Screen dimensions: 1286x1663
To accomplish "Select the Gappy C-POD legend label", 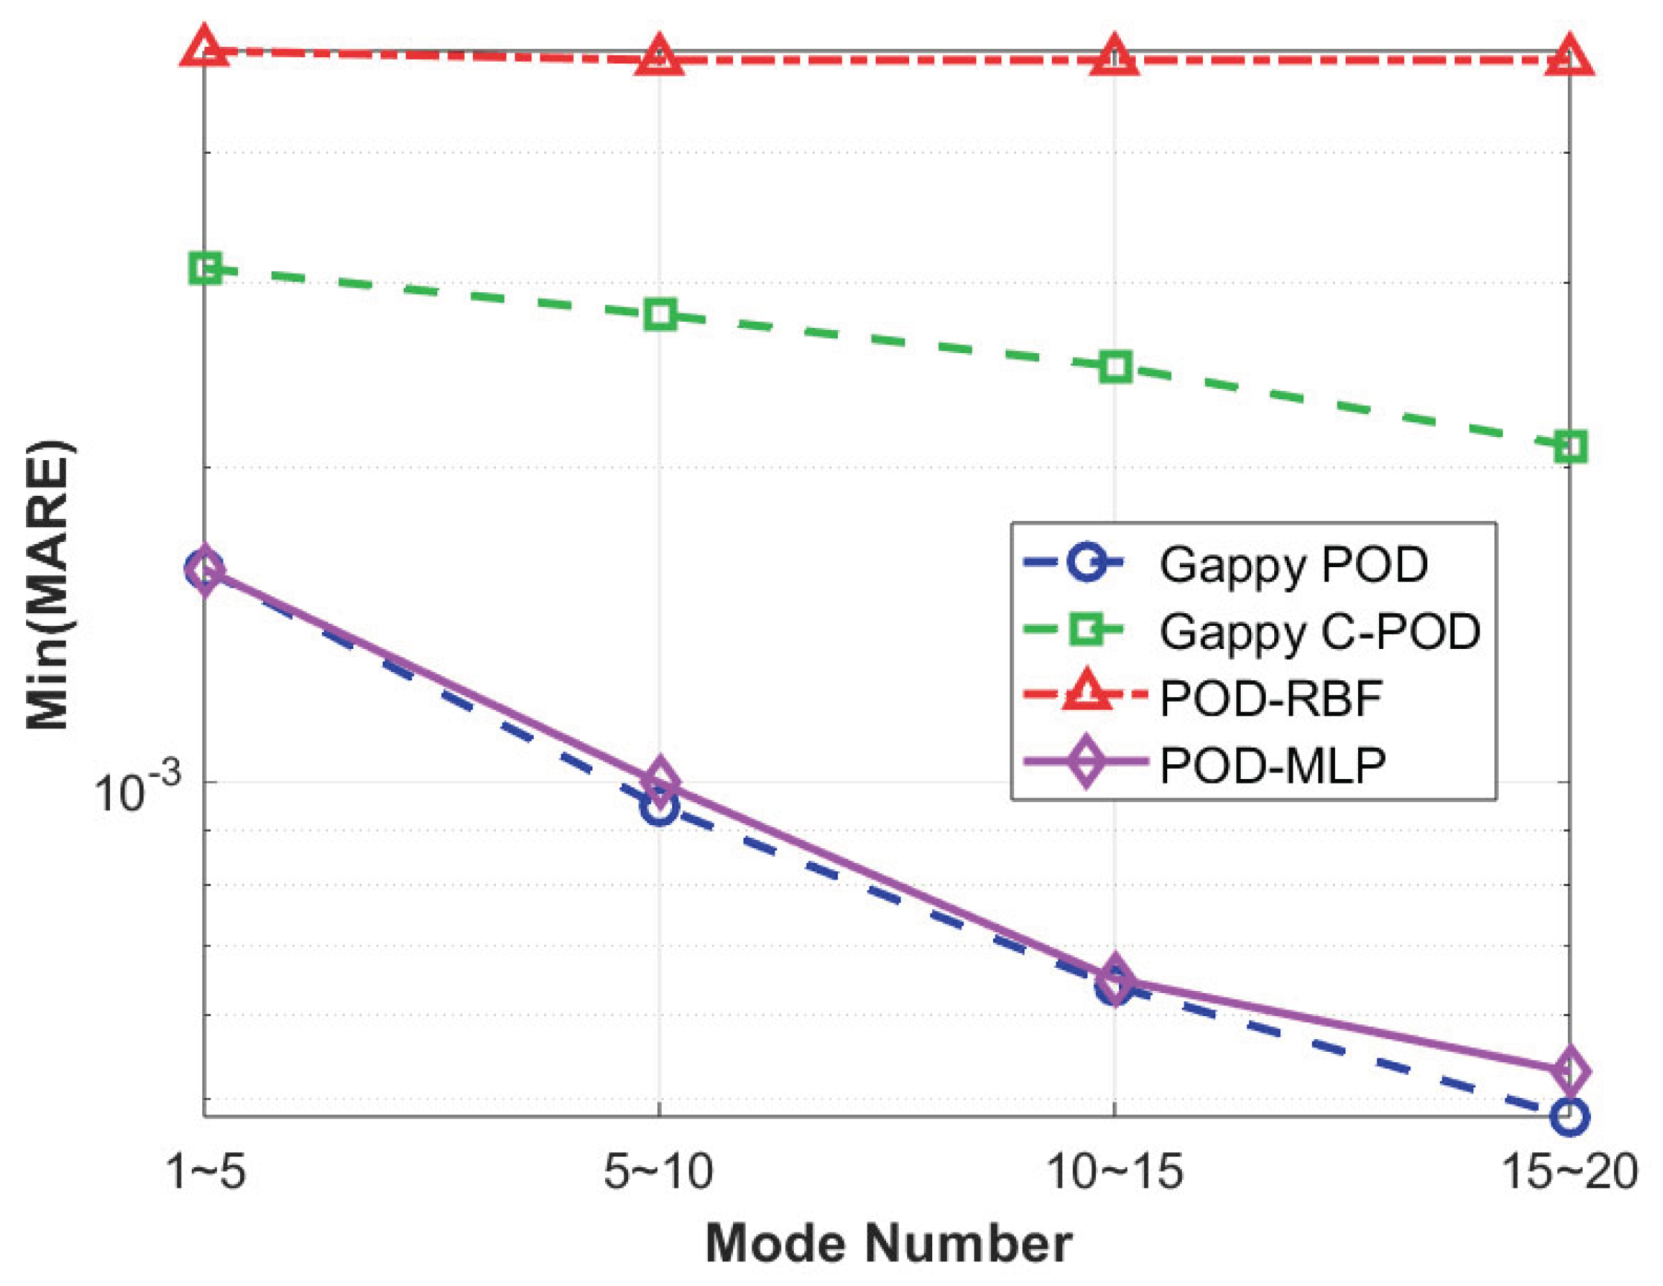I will tap(1320, 631).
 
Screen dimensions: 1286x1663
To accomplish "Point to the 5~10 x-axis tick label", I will tap(659, 1171).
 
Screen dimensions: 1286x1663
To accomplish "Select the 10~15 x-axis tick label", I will tap(1115, 1171).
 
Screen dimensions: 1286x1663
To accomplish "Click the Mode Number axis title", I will tap(888, 1244).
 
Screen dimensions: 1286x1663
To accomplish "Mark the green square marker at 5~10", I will tap(659, 314).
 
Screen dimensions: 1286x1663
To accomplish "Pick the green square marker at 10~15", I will tap(1115, 367).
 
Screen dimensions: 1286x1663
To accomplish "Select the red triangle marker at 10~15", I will tap(1115, 56).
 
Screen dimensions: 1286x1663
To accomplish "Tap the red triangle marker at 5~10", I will tap(659, 56).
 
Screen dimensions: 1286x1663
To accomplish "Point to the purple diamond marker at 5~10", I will tap(659, 781).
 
